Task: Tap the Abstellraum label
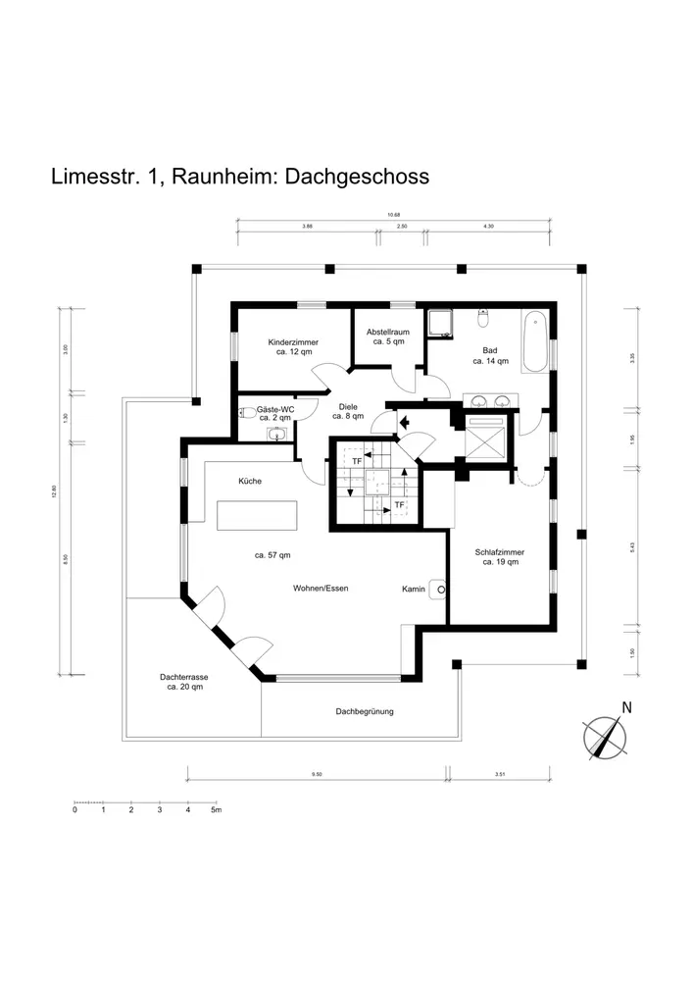point(388,333)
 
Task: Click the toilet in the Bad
point(483,320)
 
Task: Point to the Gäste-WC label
point(274,409)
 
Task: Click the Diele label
point(348,405)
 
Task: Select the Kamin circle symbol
point(441,590)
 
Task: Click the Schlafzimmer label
point(500,552)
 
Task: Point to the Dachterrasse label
point(184,677)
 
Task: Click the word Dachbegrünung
point(365,711)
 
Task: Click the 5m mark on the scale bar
point(217,811)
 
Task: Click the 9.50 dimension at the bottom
point(316,775)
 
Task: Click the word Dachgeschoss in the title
point(363,177)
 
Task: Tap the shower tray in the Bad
point(438,324)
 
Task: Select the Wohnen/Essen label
point(321,589)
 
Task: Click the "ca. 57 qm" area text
point(272,555)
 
